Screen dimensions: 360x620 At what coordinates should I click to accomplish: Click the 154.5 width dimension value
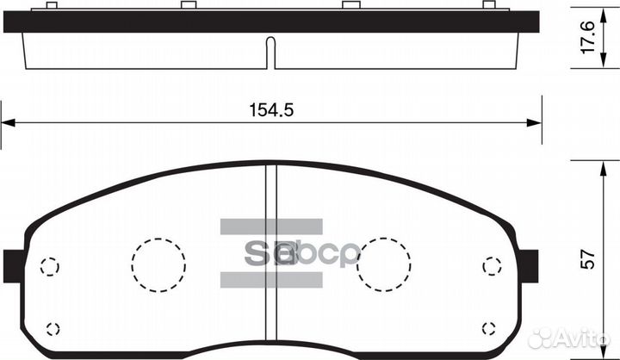tap(266, 110)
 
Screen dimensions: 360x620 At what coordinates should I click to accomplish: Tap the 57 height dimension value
tap(589, 258)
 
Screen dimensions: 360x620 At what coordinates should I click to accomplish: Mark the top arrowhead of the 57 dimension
tap(574, 164)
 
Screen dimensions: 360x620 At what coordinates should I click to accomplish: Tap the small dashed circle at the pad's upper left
tap(51, 266)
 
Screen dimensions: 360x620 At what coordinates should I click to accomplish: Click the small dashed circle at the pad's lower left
tap(52, 328)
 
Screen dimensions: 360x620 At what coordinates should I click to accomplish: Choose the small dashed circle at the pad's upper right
tap(492, 266)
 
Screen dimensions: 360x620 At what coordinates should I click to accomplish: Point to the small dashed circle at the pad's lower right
tap(490, 327)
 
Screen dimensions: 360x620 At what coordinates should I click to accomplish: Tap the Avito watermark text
tap(582, 338)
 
